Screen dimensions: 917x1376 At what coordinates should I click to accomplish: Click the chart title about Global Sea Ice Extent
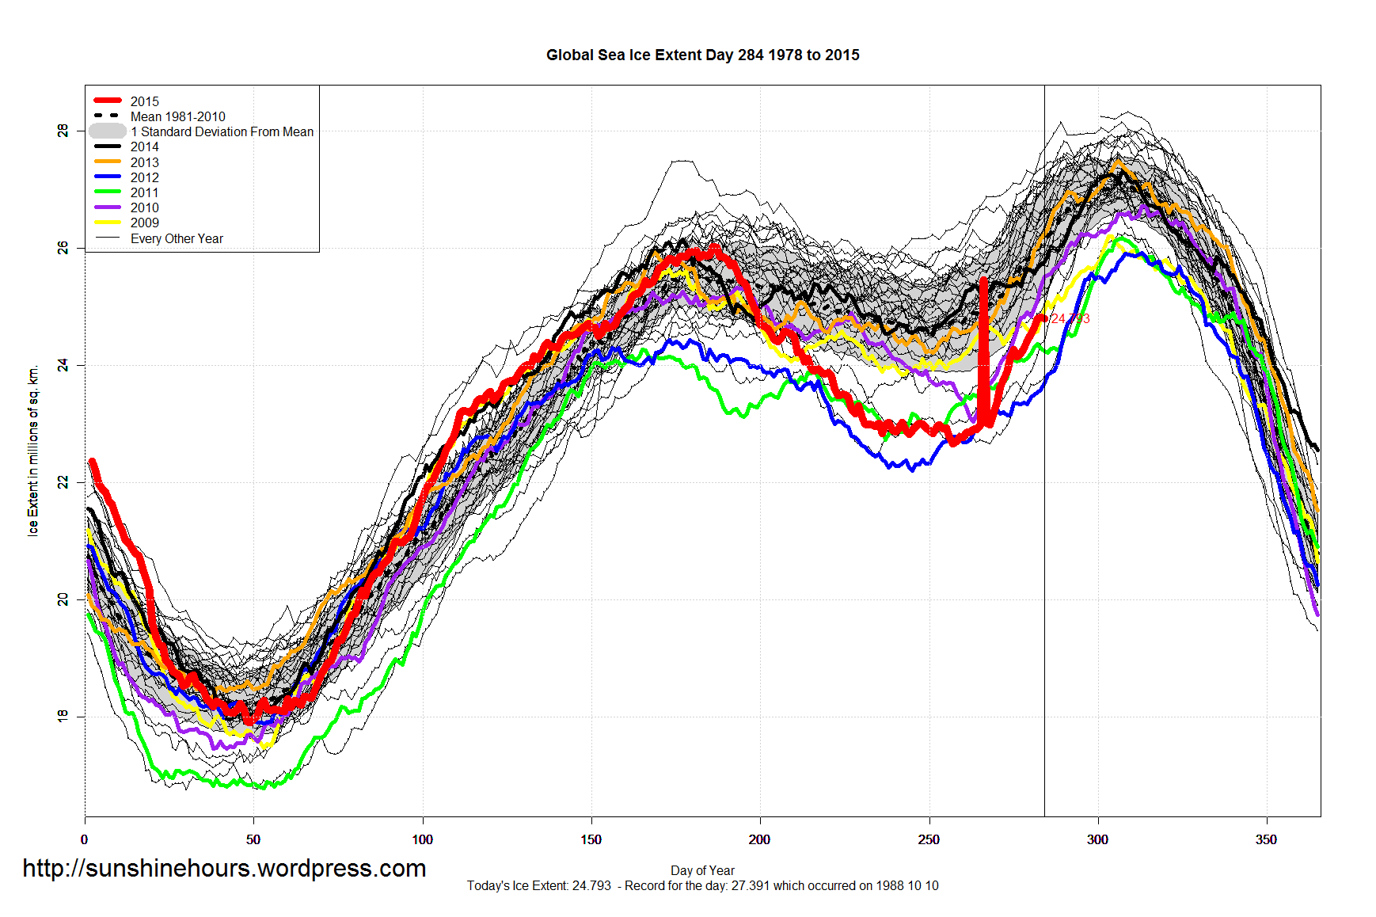(702, 55)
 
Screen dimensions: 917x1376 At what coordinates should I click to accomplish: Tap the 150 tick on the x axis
(591, 839)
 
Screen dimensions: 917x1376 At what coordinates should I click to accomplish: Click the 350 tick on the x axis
(1266, 839)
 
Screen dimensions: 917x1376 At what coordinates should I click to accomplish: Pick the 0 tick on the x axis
(85, 839)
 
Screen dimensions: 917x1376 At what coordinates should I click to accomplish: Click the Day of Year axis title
(702, 870)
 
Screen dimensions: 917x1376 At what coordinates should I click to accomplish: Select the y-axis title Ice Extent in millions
(33, 451)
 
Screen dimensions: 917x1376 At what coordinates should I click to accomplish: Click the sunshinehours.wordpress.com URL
(224, 868)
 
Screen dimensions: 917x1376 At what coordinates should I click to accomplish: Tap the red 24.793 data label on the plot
(1070, 318)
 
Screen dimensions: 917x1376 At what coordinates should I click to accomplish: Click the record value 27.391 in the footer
(750, 885)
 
